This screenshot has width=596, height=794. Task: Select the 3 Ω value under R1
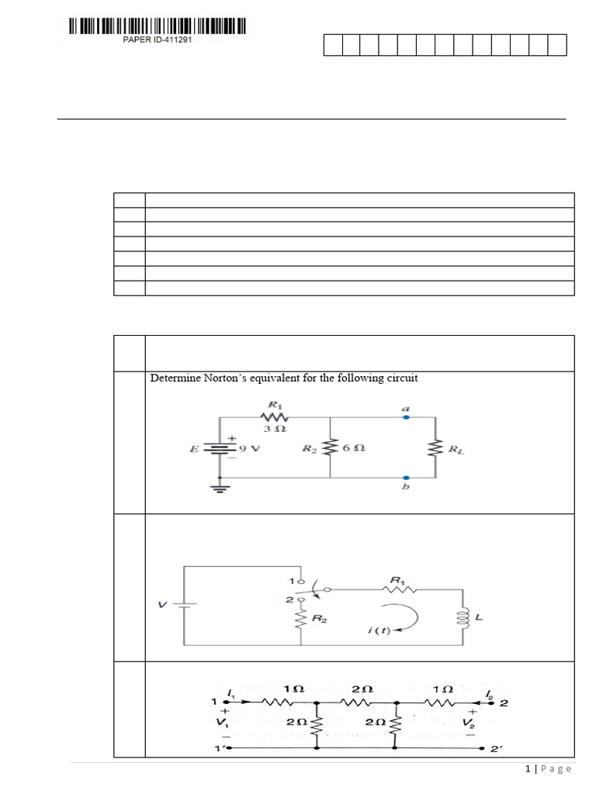[271, 429]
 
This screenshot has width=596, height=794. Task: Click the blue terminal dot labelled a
[406, 417]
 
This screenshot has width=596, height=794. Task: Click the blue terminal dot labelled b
[406, 478]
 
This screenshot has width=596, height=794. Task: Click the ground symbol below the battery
[220, 488]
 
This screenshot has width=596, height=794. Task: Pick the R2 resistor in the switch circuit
[301, 619]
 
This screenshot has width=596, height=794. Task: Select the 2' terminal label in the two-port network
[497, 750]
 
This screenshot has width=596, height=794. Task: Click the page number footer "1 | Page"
[548, 768]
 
